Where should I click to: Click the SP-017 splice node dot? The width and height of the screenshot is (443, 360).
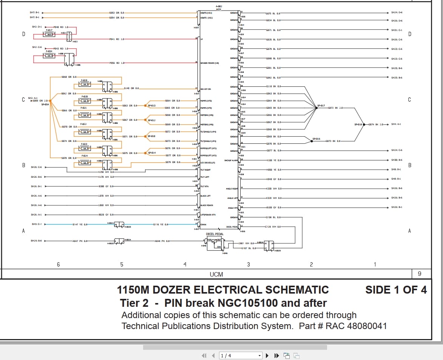tap(316, 108)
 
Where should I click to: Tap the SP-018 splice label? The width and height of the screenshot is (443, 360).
tap(358, 125)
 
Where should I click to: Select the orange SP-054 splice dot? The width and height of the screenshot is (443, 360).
tap(50, 101)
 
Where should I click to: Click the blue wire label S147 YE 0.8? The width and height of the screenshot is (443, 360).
tap(80, 225)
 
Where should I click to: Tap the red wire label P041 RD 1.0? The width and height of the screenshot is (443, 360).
tap(117, 39)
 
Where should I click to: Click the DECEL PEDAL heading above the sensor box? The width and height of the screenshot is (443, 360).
tap(215, 234)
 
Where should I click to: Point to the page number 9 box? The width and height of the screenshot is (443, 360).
tap(419, 274)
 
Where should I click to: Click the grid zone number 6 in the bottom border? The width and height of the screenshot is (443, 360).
tap(58, 265)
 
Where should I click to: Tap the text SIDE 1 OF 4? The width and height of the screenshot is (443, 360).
tap(396, 290)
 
